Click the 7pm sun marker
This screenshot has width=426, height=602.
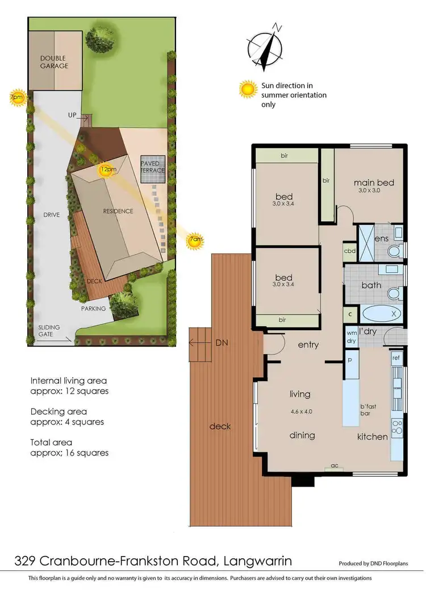[x=18, y=97]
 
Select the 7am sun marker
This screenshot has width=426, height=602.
[x=195, y=241]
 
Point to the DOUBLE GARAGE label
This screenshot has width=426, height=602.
[x=54, y=62]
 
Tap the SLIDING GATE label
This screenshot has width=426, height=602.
[x=49, y=331]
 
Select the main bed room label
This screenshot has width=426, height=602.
[x=374, y=183]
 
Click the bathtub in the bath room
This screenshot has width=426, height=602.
[x=381, y=313]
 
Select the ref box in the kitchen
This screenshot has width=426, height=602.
[x=396, y=359]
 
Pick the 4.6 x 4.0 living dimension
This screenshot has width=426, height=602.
[x=300, y=412]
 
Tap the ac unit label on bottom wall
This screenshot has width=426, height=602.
[x=335, y=466]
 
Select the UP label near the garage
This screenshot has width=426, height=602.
[x=73, y=115]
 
